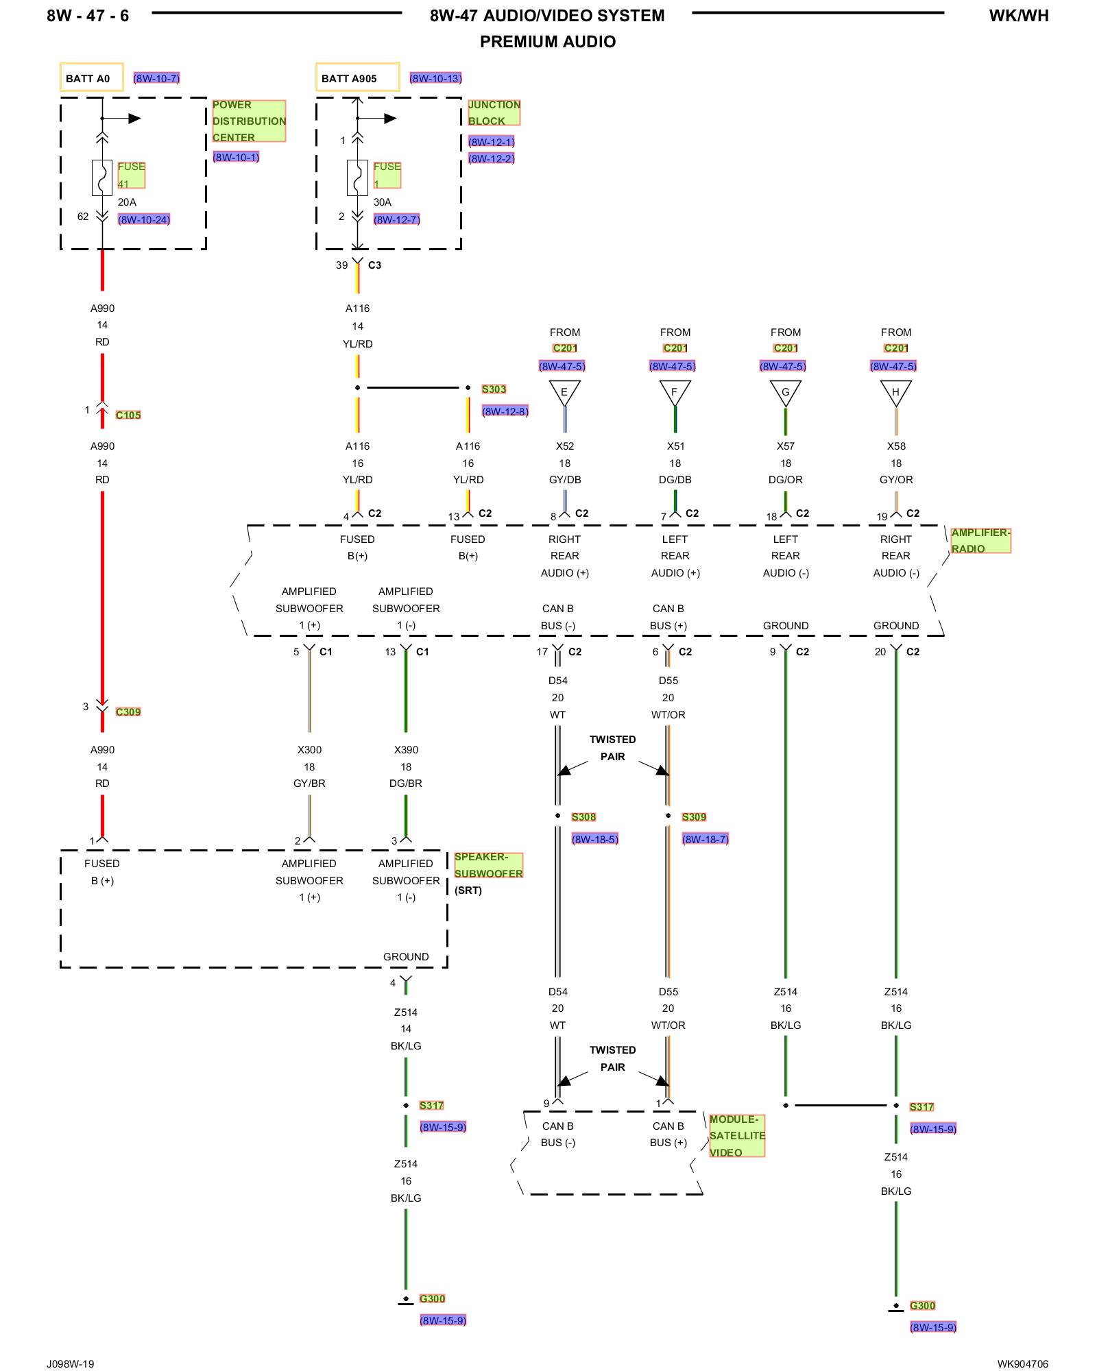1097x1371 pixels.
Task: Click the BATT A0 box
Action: pos(92,77)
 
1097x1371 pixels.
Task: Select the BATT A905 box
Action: pos(357,77)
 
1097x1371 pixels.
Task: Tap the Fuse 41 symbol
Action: pos(102,178)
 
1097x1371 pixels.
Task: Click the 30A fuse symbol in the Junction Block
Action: pos(357,178)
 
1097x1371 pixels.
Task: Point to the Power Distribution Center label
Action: pos(248,121)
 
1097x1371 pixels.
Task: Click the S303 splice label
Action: pos(494,389)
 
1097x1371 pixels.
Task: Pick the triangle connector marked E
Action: pos(564,392)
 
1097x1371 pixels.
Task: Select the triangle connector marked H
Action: pos(895,392)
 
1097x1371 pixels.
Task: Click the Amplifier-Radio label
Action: pos(980,540)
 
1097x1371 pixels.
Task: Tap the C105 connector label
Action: pos(128,415)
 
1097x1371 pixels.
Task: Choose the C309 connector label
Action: pos(128,712)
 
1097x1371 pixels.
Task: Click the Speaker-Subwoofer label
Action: pos(488,865)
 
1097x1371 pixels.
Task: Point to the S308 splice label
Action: pos(583,816)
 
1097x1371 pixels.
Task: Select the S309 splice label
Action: pos(694,816)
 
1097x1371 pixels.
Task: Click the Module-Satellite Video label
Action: pos(737,1136)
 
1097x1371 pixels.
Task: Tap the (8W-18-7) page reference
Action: pos(705,839)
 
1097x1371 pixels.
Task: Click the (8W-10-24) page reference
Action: pos(144,219)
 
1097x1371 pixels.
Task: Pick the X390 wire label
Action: pos(406,750)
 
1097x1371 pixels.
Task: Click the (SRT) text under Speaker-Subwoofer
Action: pos(468,890)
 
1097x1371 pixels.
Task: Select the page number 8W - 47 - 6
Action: pos(88,16)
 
